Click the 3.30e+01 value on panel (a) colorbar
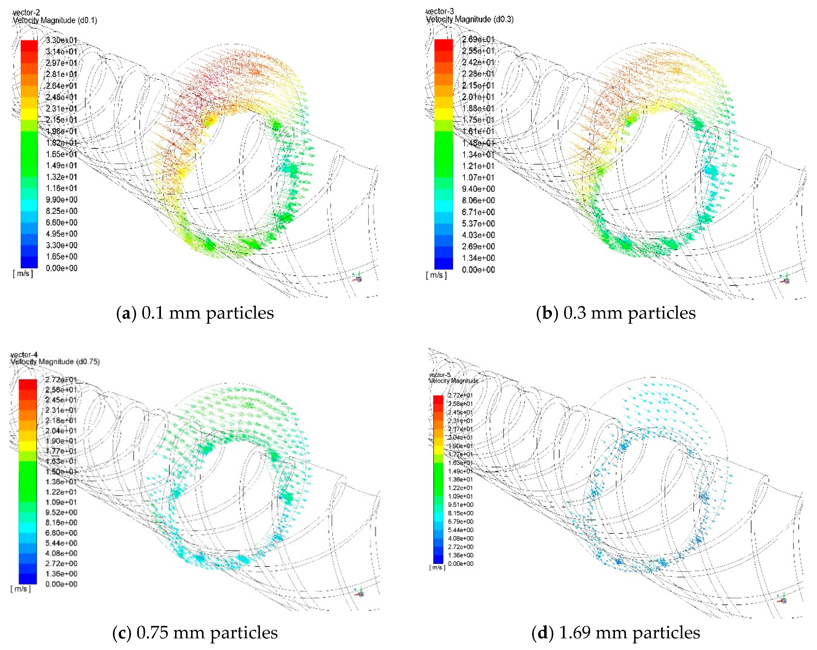[x=61, y=40]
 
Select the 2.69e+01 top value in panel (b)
[x=478, y=39]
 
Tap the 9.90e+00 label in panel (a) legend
[x=61, y=200]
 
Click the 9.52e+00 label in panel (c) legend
[x=61, y=512]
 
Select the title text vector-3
[x=440, y=12]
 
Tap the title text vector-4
[x=24, y=355]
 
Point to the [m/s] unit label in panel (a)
[x=23, y=274]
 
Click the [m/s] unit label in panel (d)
[x=437, y=567]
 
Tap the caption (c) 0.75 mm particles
[x=195, y=633]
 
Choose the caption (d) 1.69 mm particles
[x=616, y=633]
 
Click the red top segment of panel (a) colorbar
[x=29, y=45]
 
